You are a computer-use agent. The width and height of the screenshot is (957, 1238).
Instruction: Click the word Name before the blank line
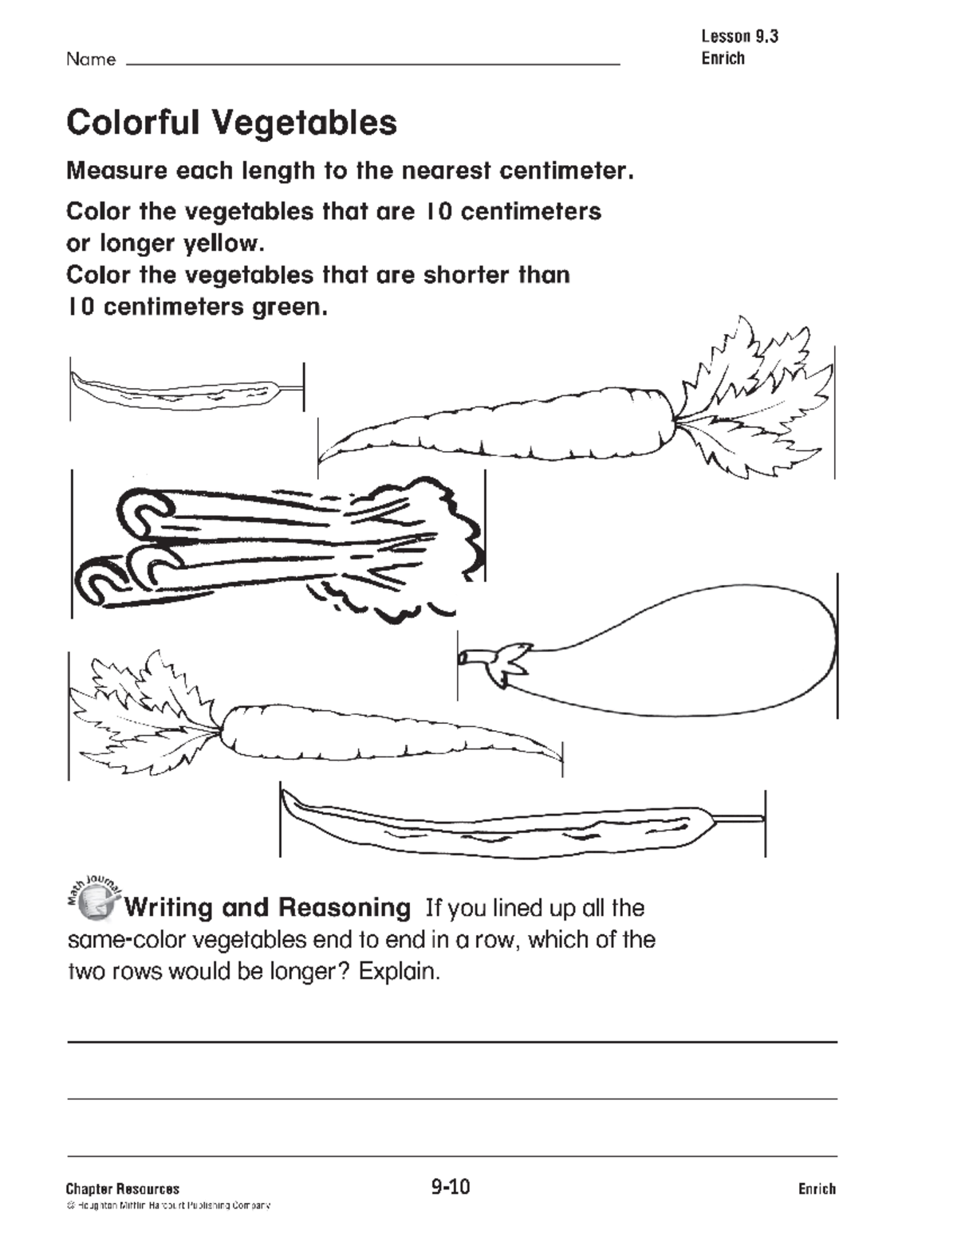[90, 59]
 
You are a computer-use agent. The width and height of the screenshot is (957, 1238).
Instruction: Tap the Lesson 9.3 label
[739, 36]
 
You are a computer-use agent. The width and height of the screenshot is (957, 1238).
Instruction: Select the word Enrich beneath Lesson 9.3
[723, 58]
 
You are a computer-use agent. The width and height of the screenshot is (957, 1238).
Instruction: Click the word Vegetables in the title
[304, 124]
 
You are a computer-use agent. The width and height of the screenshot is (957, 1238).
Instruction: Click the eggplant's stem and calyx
[494, 660]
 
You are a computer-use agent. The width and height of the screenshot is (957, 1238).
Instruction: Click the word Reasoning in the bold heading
[345, 908]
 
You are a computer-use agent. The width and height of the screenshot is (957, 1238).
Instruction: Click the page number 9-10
[451, 1187]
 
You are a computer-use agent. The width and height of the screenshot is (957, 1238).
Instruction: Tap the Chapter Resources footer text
[123, 1189]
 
